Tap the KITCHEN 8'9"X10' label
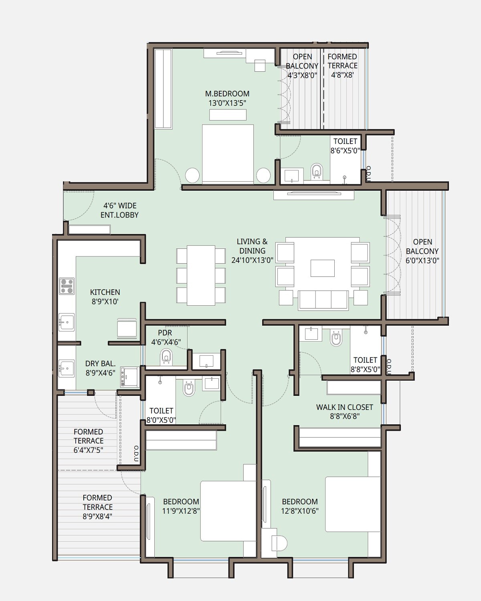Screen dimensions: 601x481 pyautogui.click(x=105, y=297)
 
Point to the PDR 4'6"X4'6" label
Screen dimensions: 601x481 pyautogui.click(x=166, y=337)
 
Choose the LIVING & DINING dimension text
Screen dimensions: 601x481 pyautogui.click(x=252, y=260)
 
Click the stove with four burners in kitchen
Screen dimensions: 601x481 pyautogui.click(x=67, y=286)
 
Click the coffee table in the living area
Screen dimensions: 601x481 pyautogui.click(x=322, y=268)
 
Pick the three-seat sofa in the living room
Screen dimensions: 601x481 pyautogui.click(x=323, y=300)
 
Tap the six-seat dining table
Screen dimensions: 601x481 pyautogui.click(x=201, y=275)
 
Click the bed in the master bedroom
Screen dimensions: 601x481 pyautogui.click(x=228, y=154)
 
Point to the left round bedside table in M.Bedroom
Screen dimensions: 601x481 pyautogui.click(x=192, y=175)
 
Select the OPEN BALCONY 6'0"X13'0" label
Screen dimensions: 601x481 pyautogui.click(x=422, y=251)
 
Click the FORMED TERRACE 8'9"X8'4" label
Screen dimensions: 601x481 pyautogui.click(x=97, y=507)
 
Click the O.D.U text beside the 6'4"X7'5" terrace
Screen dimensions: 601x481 pyautogui.click(x=136, y=454)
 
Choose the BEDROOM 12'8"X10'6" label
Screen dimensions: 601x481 pyautogui.click(x=300, y=506)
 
